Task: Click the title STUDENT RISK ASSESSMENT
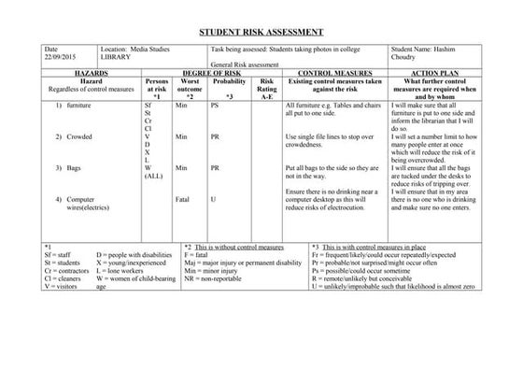coord(261,31)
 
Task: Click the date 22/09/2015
coord(58,56)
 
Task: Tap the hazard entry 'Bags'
coord(74,168)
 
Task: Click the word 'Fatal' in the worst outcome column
coord(182,199)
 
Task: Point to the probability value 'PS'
coord(215,108)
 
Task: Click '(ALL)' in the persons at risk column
coord(154,176)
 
